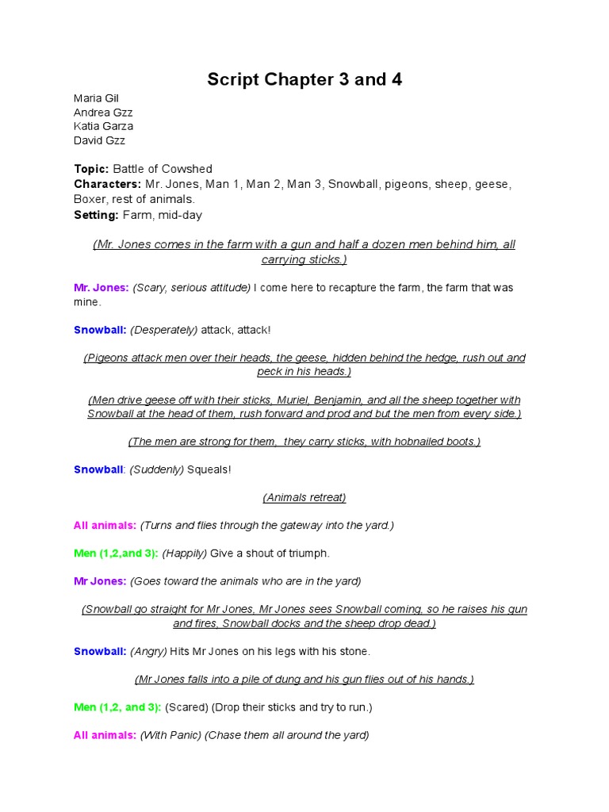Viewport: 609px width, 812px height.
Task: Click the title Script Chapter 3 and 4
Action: pos(304,79)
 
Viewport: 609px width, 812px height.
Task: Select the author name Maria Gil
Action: pos(96,98)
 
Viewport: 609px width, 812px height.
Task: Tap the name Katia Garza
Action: pos(103,126)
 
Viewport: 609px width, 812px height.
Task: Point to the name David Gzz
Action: pos(99,140)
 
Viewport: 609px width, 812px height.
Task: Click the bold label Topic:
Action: pos(91,169)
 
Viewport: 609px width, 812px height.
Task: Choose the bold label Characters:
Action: pos(108,184)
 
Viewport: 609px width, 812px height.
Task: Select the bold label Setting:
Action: pos(96,215)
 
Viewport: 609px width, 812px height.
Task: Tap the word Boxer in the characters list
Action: pos(90,199)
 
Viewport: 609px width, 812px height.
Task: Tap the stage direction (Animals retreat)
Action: pos(304,498)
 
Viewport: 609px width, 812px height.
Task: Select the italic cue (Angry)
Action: pos(148,652)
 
